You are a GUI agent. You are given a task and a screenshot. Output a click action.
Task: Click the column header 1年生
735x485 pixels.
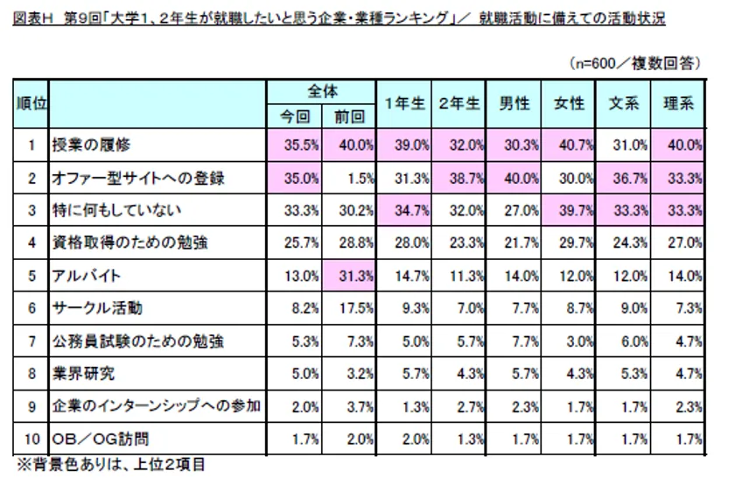403,103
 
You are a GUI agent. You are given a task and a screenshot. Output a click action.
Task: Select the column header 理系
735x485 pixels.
678,103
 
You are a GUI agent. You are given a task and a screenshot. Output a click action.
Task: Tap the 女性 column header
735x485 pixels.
569,103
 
